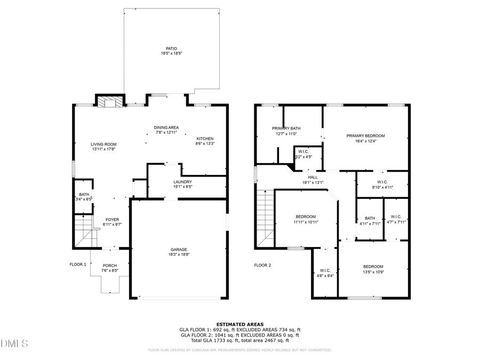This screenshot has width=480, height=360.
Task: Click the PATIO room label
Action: pyautogui.click(x=171, y=49)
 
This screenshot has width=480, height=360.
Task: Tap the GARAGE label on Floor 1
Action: pyautogui.click(x=179, y=250)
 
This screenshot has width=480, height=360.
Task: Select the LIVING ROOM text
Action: pyautogui.click(x=103, y=144)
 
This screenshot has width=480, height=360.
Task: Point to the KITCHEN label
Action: pyautogui.click(x=205, y=138)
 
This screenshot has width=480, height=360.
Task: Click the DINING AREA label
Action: pyautogui.click(x=166, y=127)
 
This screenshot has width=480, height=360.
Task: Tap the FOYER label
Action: pyautogui.click(x=112, y=220)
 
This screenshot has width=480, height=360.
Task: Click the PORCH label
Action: pyautogui.click(x=110, y=266)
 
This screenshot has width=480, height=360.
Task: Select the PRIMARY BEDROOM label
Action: pyautogui.click(x=365, y=135)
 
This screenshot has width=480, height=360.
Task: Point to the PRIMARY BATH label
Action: pyautogui.click(x=286, y=128)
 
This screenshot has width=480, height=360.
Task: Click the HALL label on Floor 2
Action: pyautogui.click(x=313, y=177)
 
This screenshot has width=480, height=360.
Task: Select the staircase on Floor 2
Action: pyautogui.click(x=265, y=219)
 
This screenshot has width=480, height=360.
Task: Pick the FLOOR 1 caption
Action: pyautogui.click(x=78, y=265)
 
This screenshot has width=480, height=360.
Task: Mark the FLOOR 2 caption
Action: pyautogui.click(x=262, y=265)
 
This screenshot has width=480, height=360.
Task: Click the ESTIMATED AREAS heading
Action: pyautogui.click(x=239, y=324)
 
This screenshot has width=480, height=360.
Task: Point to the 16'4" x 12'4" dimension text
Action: pyautogui.click(x=365, y=141)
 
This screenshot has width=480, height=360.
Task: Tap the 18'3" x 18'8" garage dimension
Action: pyautogui.click(x=179, y=255)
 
